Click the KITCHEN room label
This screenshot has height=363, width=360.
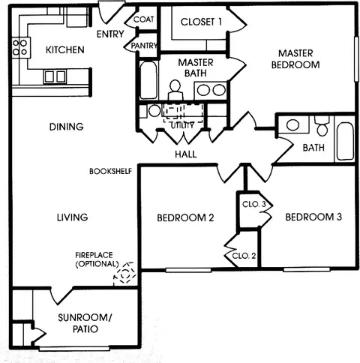pos(64,50)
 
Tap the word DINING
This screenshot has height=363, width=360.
pos(67,127)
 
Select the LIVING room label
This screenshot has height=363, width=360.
pos(72,217)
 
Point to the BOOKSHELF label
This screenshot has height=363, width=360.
pos(110,171)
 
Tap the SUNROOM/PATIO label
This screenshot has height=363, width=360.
pos(85,325)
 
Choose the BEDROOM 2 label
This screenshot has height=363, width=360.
pos(185,218)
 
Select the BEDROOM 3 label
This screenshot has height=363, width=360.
pos(313,217)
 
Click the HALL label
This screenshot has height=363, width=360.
pos(185,154)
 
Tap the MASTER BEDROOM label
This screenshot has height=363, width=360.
pos(299,58)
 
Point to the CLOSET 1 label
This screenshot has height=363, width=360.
pos(202,22)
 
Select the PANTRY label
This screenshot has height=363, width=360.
pos(143,46)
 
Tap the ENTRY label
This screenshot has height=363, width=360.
pos(111,34)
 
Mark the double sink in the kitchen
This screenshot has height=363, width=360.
pos(55,76)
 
